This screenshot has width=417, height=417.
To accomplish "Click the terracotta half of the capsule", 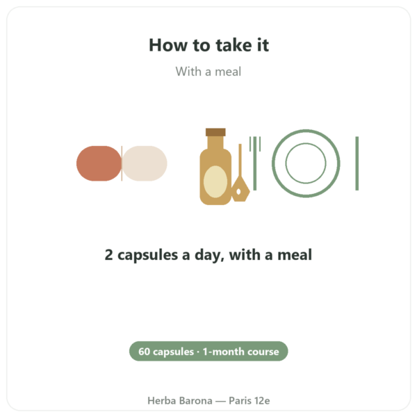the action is coord(99,163).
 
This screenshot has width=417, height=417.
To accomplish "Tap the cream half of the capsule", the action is coord(145,163).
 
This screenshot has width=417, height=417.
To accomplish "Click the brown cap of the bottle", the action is coord(215,132).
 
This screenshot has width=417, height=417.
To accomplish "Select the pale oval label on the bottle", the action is coord(215,182).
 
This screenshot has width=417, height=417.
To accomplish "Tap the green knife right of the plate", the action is coord(357,163).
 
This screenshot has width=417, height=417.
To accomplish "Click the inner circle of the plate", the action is coord(306,143).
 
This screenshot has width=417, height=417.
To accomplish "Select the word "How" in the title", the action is coord(168,45).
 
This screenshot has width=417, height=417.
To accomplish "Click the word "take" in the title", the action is coord(234,45).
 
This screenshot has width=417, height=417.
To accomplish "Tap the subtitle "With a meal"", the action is coord(208,72).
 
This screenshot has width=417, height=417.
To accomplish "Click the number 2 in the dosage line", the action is coord(108,255).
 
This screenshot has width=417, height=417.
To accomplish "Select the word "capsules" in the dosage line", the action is coord(147,256).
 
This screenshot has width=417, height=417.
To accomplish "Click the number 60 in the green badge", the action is coord(144,351).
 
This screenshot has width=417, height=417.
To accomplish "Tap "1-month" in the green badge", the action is coord(223,351).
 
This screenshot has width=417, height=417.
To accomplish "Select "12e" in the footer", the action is coord(262,400).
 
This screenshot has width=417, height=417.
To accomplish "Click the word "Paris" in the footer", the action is coord(240,400).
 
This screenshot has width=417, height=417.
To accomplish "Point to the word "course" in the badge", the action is coord(263,352).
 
